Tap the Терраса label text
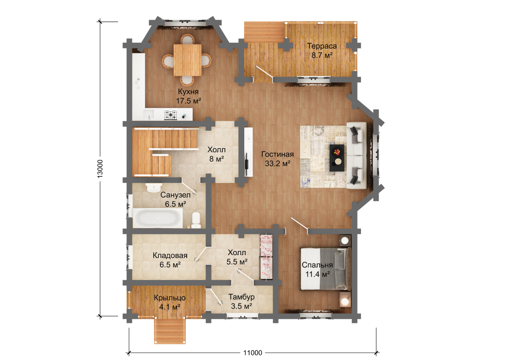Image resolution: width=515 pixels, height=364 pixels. coord(322,46)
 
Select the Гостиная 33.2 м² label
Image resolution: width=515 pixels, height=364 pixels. coord(278,159)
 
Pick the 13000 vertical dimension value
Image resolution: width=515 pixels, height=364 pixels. coord(100,169)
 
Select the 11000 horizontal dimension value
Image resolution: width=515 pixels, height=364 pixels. coord(253,353)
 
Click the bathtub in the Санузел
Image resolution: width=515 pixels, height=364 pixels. coord(158,218)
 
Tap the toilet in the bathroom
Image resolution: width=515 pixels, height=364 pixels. coord(196,220)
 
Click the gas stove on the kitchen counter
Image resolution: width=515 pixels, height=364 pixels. coord(171,115)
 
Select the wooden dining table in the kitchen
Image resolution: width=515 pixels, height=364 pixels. coord(188,60)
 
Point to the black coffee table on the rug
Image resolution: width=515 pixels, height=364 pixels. coord(337,158)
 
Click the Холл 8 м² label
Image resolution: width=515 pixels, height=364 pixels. coord(216,154)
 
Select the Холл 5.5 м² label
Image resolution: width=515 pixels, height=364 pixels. coord(237,257)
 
